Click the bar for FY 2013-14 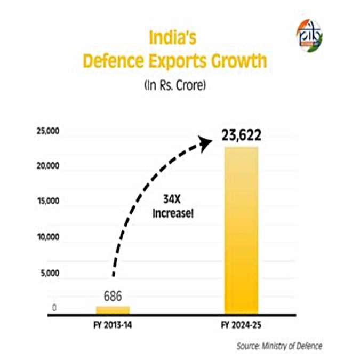(x=113, y=310)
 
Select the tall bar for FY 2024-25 (x=241, y=230)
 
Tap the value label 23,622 (x=241, y=135)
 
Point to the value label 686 (x=113, y=296)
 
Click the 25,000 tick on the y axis (x=48, y=131)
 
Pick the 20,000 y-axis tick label (x=48, y=166)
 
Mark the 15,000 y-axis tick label (x=48, y=201)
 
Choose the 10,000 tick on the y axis (x=48, y=237)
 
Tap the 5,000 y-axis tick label (x=50, y=273)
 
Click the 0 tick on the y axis (x=54, y=308)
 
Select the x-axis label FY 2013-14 (x=113, y=325)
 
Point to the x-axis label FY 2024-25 (x=241, y=325)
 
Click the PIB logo (x=309, y=36)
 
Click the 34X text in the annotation (x=172, y=199)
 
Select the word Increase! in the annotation (x=173, y=213)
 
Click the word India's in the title (x=173, y=38)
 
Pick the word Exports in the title (x=178, y=61)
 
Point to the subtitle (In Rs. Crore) (x=175, y=86)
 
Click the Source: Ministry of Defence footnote (x=279, y=346)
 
